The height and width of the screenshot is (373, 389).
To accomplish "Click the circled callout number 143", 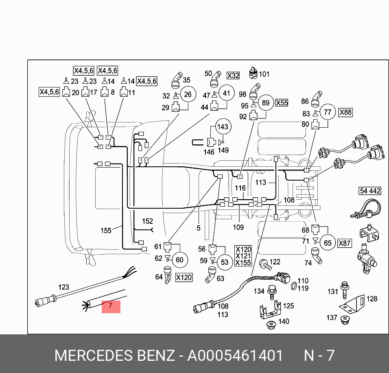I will click(223, 127).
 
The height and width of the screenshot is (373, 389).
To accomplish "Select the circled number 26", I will click(188, 95).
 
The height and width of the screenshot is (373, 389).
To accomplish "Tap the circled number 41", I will click(226, 93).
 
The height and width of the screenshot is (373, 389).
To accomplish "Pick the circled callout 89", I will click(265, 103).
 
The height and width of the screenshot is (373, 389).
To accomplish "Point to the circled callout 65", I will click(328, 243).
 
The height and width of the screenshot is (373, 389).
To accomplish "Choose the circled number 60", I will click(179, 260).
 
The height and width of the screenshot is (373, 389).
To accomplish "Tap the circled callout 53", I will click(225, 262).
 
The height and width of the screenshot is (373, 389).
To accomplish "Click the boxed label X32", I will click(233, 76).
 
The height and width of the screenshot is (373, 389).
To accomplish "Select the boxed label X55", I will click(282, 103).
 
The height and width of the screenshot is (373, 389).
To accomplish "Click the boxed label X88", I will click(345, 112).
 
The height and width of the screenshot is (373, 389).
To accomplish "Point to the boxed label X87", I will click(345, 243).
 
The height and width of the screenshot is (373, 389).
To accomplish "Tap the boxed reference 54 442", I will click(369, 191).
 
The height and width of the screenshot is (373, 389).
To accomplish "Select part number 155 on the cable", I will click(106, 231).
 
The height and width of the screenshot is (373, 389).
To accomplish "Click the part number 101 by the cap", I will click(264, 74).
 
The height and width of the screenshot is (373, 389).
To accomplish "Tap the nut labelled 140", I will click(271, 325).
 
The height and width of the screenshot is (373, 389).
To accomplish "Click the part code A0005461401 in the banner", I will click(235, 356).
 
